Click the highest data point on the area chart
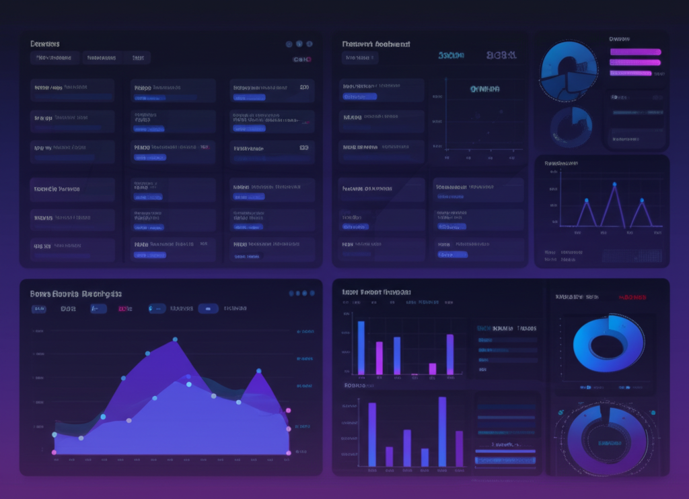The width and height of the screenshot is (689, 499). tap(175, 339)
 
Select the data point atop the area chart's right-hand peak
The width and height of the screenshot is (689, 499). tap(258, 370)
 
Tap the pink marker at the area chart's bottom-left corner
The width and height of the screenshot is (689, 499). tap(55, 453)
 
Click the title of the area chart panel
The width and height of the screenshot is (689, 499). tap(76, 294)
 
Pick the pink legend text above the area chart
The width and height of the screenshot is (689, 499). tap(125, 309)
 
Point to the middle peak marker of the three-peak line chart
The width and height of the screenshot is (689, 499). tap(614, 184)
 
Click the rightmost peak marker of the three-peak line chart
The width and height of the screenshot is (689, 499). tap(642, 200)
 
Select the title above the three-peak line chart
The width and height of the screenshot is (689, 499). tap(560, 163)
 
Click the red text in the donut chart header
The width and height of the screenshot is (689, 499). tap(632, 297)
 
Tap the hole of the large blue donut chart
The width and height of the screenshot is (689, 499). tap(607, 345)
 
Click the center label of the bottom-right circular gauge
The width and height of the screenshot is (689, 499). tap(608, 443)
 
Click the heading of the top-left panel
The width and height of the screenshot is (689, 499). tap(45, 44)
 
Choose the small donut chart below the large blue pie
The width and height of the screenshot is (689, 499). tap(571, 127)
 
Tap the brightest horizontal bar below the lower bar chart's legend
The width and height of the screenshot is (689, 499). tap(505, 460)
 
